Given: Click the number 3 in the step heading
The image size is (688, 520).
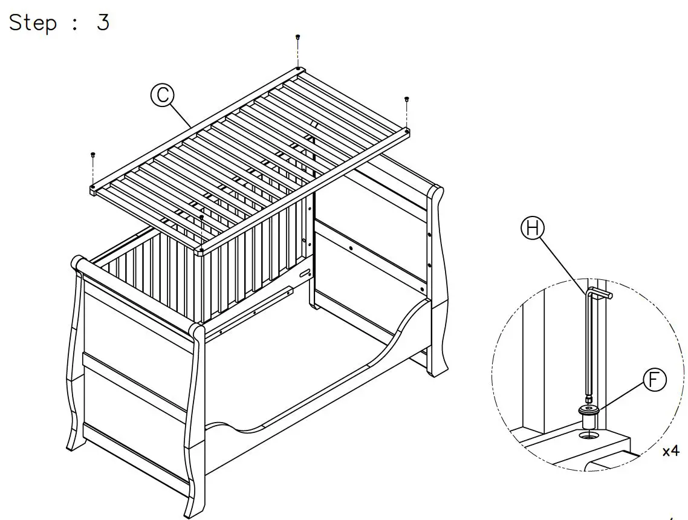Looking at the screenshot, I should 103,22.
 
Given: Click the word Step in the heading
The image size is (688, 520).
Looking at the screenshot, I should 33,22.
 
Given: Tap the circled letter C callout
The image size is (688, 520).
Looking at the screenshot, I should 162,96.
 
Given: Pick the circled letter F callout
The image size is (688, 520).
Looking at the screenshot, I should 653,380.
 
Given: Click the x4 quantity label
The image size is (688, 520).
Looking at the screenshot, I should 670,451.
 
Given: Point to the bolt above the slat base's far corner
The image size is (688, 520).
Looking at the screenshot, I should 297,38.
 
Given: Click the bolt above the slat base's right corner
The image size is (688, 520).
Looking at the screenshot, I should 406,99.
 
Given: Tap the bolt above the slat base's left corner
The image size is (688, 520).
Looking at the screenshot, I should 92,155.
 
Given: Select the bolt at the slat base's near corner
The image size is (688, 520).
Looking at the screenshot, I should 201,217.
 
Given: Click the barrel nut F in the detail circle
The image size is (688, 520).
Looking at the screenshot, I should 589,415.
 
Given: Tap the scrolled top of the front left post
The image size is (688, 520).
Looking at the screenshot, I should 77,263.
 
